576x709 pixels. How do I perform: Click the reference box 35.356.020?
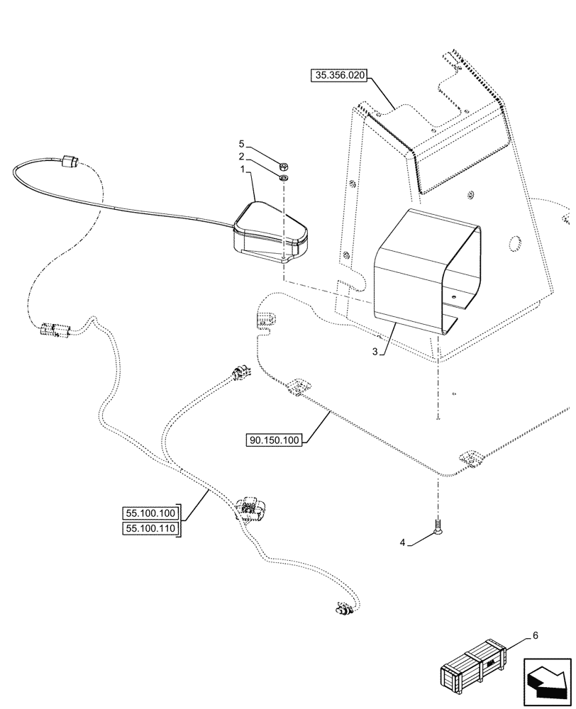coord(338,77)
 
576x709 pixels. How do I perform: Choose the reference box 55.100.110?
coord(151,528)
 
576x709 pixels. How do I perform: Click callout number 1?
coord(241,170)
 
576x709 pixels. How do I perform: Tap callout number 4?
coord(402,543)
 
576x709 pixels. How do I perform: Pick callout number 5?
coord(241,144)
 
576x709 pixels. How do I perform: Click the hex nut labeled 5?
coord(283,162)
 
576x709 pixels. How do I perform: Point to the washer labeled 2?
coord(283,177)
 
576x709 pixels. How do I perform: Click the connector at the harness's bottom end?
coord(343,608)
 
